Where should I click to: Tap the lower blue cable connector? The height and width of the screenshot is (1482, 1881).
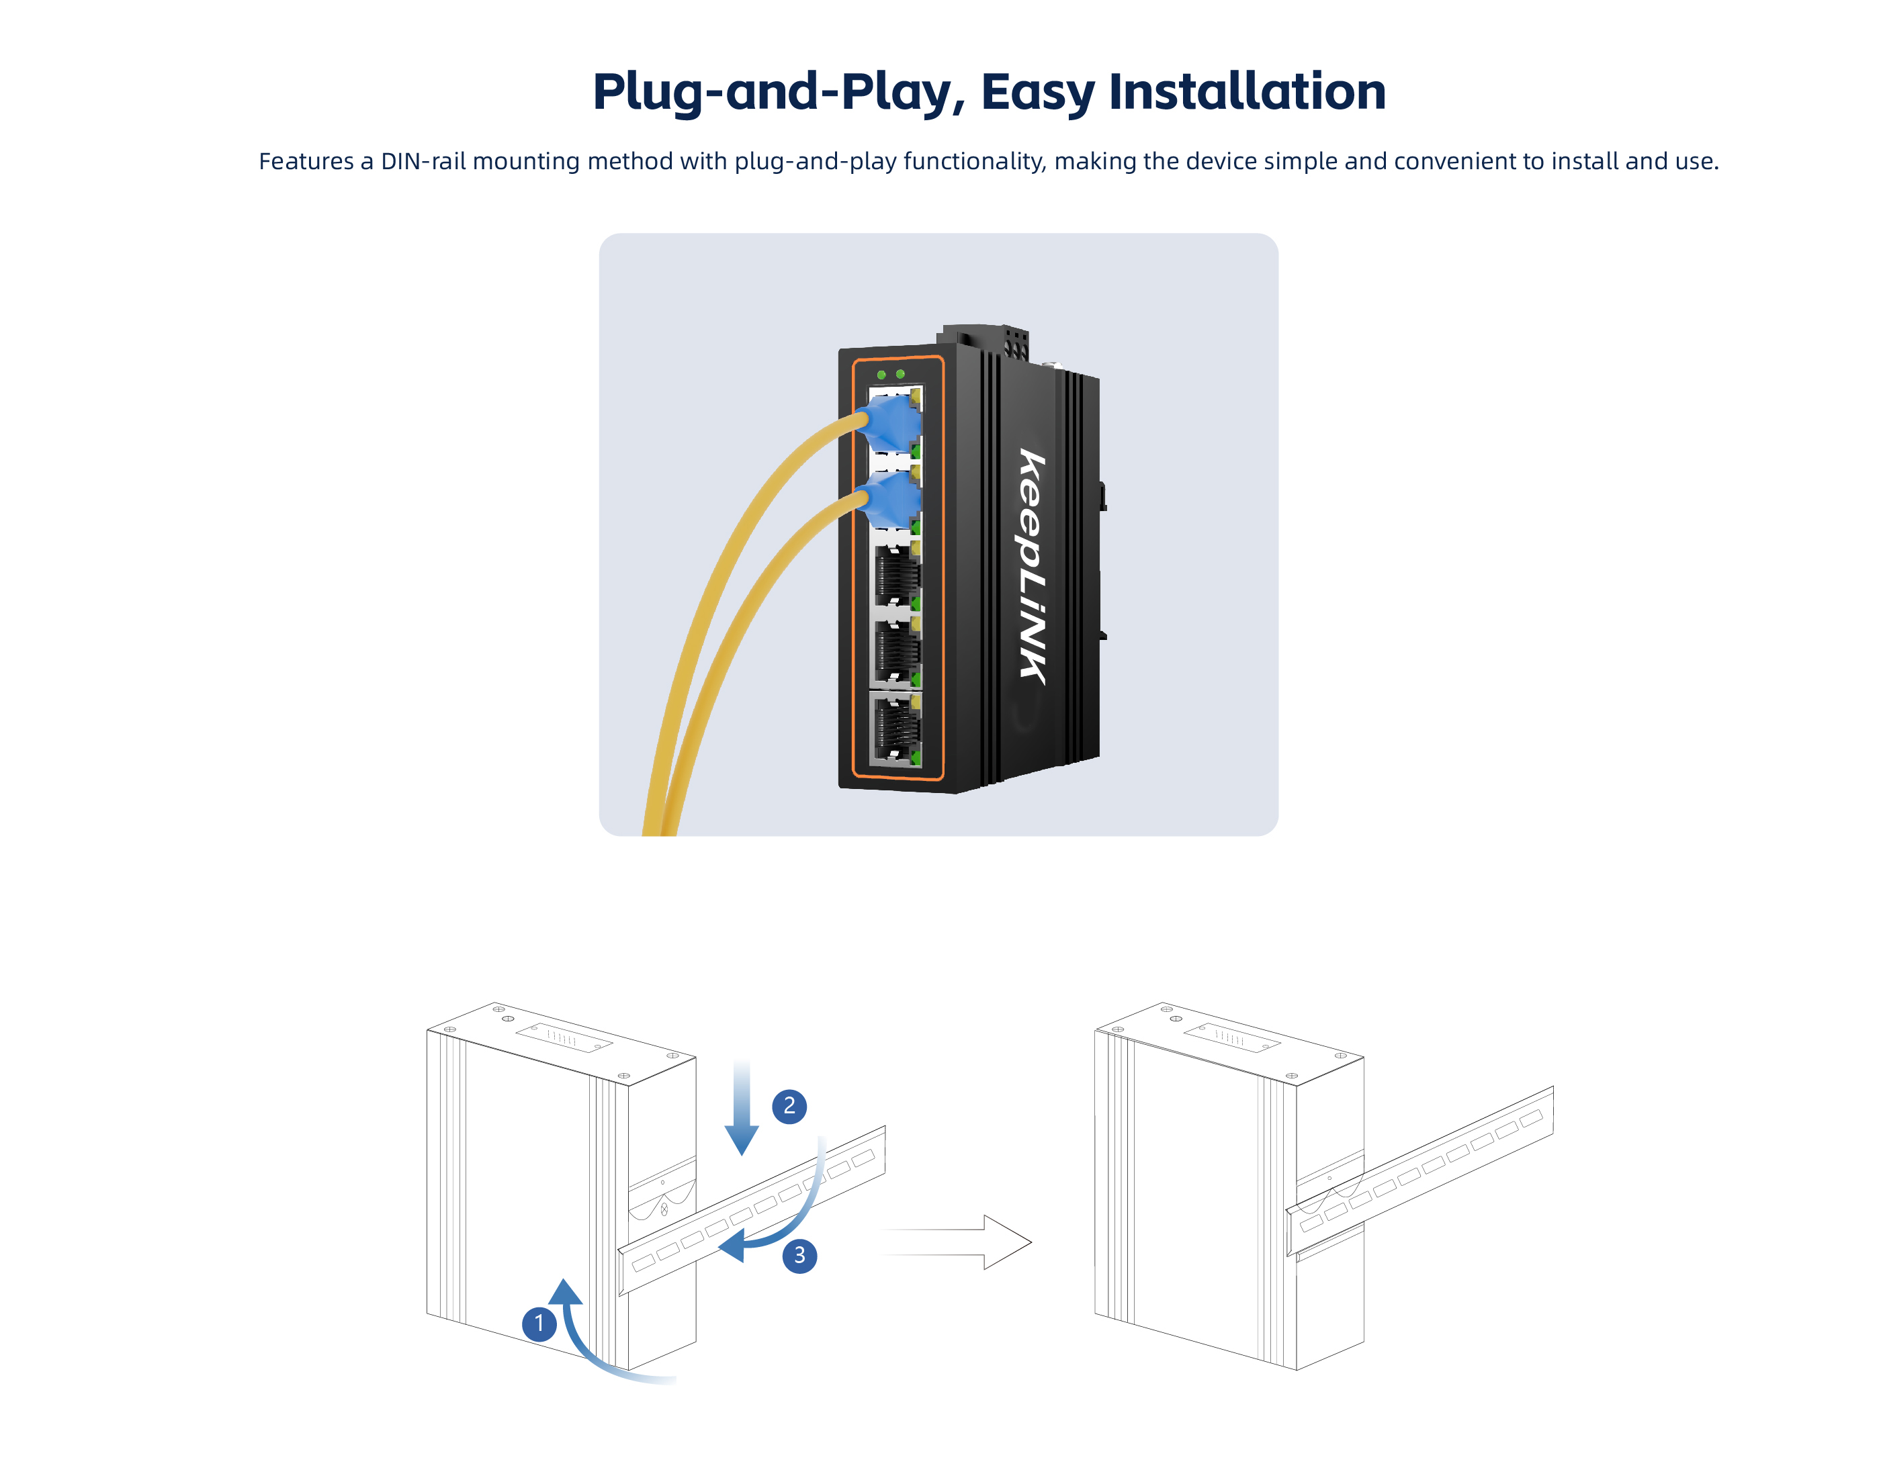click(887, 499)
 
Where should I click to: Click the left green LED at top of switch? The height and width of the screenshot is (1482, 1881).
click(881, 375)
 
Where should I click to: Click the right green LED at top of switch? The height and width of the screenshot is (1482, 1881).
click(900, 374)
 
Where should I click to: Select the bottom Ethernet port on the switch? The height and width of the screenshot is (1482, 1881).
click(895, 729)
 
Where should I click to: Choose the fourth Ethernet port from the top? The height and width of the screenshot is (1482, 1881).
click(895, 651)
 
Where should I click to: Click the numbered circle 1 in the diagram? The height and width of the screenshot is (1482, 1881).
click(539, 1324)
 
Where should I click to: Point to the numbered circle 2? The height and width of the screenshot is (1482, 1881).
click(789, 1106)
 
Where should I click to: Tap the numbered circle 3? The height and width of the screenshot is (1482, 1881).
click(799, 1256)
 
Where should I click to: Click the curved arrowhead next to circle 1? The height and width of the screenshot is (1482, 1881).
click(565, 1292)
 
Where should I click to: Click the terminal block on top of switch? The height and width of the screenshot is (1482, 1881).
click(986, 340)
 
